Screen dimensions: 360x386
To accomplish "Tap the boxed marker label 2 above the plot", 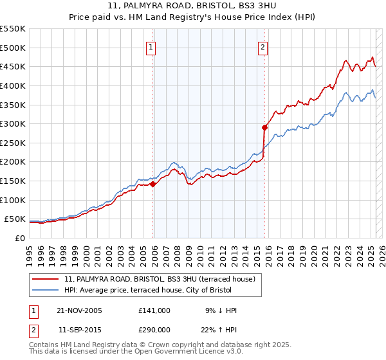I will [263, 47].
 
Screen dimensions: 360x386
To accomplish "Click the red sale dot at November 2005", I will [153, 184].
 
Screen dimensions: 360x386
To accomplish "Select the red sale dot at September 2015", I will [264, 127].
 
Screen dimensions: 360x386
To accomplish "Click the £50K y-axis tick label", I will [14, 219].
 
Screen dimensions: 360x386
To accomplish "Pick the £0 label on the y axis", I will [19, 238].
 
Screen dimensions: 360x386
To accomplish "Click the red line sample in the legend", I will [46, 279].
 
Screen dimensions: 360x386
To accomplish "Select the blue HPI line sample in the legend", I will [46, 290].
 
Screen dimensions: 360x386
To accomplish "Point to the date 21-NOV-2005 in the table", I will [79, 310].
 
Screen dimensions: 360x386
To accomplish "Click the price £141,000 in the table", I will [154, 310].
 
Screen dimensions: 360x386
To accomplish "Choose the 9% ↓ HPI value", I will [219, 310].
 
